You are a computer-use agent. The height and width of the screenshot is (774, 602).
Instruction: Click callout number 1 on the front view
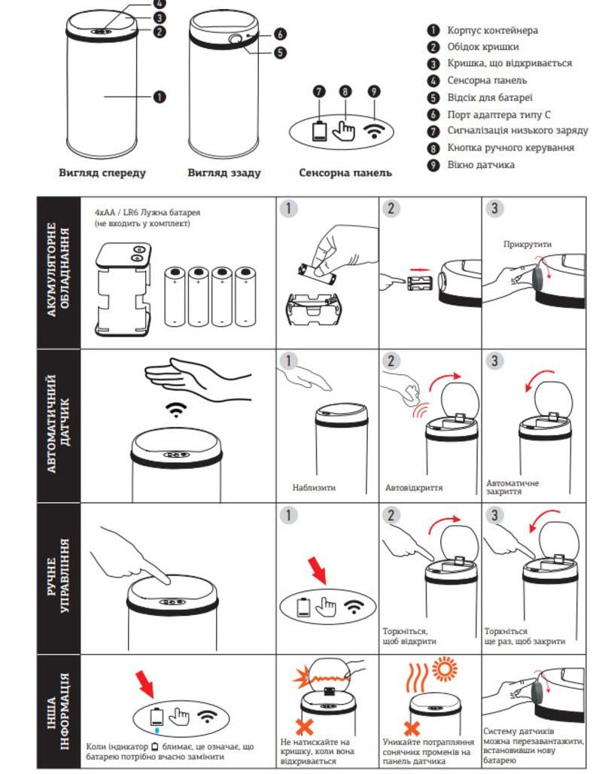(x=160, y=96)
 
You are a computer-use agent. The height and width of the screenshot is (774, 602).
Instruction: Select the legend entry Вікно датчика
(x=481, y=163)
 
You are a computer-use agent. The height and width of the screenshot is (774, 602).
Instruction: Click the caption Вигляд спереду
(x=102, y=173)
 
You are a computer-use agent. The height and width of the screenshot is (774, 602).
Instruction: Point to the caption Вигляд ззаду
(x=223, y=173)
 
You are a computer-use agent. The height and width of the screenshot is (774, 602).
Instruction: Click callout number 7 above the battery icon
(x=320, y=92)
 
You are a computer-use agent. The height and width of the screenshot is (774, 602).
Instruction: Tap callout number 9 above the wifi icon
(x=373, y=92)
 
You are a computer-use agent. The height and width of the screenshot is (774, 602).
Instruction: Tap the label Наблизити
(x=314, y=487)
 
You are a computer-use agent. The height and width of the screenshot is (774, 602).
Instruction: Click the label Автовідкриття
(x=414, y=487)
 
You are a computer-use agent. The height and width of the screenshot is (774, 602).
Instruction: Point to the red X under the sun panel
(x=411, y=728)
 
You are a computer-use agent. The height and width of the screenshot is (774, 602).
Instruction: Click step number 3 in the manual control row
(x=494, y=516)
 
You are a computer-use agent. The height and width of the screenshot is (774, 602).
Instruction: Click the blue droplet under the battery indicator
(x=157, y=729)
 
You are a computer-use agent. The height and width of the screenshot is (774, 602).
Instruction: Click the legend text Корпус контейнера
(x=492, y=31)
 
